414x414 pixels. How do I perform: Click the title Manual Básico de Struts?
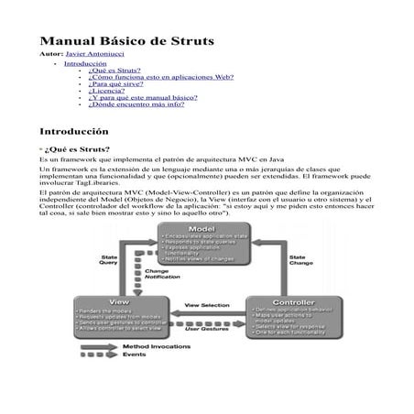(125, 41)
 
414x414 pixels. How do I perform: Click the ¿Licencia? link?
(109, 93)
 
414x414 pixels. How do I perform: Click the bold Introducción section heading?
(80, 132)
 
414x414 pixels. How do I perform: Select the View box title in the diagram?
(118, 300)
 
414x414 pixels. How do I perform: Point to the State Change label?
(297, 260)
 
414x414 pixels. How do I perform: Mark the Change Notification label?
(162, 274)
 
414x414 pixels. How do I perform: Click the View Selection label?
(208, 304)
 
